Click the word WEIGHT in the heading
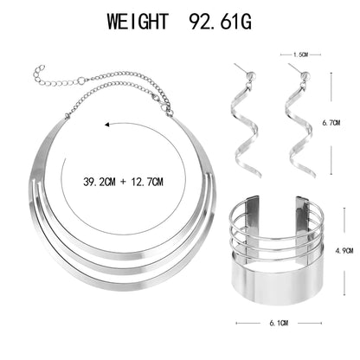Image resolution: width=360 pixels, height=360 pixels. (138, 21)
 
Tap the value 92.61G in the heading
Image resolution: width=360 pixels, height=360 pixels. (220, 21)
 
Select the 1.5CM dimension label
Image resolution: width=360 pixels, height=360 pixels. (300, 55)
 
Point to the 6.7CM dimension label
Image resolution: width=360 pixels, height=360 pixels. (331, 123)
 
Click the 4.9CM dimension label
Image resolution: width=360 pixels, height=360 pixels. (344, 251)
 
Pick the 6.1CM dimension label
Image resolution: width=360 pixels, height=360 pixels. (279, 323)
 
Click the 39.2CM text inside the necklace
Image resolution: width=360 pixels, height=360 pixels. (100, 182)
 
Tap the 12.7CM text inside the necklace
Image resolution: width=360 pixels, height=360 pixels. (147, 182)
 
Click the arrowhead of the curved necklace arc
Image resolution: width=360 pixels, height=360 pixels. (107, 125)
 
